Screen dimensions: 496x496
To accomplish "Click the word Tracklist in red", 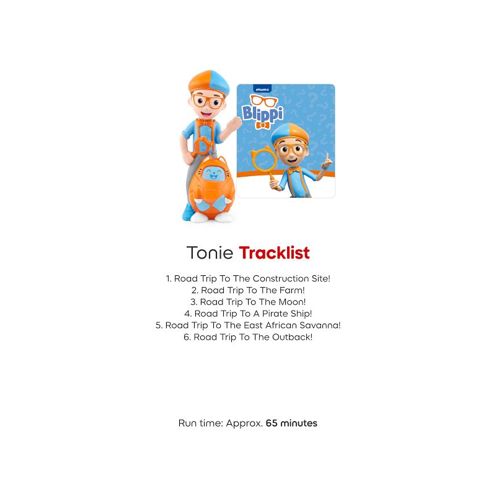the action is [x=274, y=253].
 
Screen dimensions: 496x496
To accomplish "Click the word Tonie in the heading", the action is [x=210, y=253].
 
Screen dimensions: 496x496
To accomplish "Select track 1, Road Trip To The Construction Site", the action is [x=248, y=278].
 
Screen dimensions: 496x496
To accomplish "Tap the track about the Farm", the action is [x=248, y=290].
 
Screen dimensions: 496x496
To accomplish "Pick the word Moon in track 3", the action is [x=292, y=302].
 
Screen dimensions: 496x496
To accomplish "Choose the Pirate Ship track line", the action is [x=248, y=314].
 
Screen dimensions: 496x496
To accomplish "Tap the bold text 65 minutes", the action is [x=291, y=423].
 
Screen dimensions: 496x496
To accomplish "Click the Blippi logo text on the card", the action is [x=262, y=113].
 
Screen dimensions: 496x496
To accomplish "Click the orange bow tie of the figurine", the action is [x=205, y=122].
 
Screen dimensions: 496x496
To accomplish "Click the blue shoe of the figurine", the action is [x=188, y=212].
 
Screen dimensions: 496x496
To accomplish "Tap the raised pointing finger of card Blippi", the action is [x=327, y=158].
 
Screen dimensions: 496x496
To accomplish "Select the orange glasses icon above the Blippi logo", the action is [x=264, y=100].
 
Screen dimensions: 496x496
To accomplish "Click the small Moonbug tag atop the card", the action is [x=262, y=89].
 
